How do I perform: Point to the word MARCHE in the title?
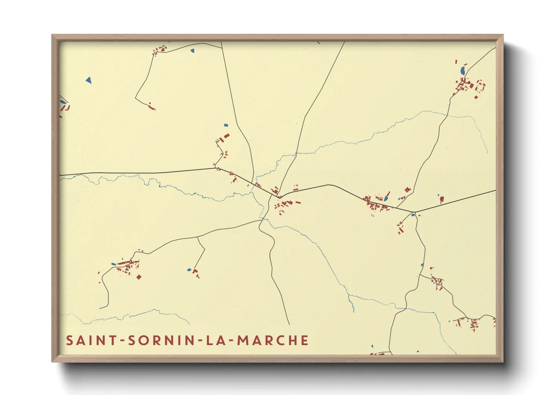(273, 340)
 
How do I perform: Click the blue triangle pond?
(88, 80)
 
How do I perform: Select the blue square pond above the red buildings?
(225, 125)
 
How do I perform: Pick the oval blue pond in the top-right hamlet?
(462, 70)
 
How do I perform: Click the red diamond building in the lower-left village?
(139, 277)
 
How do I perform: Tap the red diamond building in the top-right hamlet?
(476, 97)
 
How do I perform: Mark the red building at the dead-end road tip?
(151, 108)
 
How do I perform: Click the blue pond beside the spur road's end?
(189, 270)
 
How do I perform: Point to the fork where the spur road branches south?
(197, 237)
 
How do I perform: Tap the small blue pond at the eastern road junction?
(413, 214)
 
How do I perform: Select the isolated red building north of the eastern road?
(442, 199)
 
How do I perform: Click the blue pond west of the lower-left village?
(114, 264)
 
